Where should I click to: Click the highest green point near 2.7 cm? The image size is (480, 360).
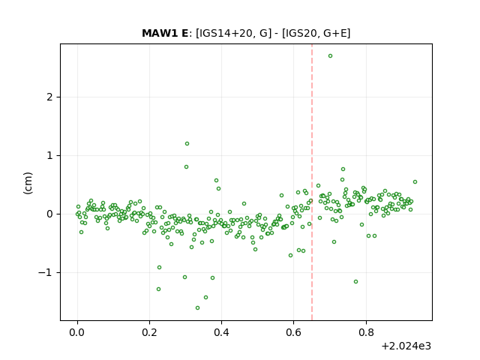(x=330, y=56)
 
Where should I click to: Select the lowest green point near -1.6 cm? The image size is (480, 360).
(x=197, y=308)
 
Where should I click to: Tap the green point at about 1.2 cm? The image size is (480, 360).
(x=187, y=143)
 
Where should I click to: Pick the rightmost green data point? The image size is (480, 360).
(x=415, y=181)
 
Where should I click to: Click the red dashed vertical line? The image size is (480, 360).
(x=312, y=182)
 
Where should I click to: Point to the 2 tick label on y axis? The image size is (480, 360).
(x=50, y=97)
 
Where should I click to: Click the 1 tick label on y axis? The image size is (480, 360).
(x=50, y=156)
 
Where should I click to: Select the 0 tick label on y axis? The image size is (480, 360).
(x=50, y=214)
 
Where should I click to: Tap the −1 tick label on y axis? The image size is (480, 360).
(x=45, y=273)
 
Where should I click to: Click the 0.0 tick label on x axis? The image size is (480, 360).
(x=77, y=332)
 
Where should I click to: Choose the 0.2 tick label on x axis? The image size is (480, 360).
(x=149, y=332)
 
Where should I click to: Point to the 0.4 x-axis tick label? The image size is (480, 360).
(x=222, y=332)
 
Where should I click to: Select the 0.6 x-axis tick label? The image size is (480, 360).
(x=293, y=332)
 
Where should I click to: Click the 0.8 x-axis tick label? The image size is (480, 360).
(x=366, y=332)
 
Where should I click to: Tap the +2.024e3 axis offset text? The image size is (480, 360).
(x=406, y=346)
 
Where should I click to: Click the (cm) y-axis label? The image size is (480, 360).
(x=28, y=183)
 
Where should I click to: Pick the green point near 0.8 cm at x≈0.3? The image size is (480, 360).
(x=186, y=166)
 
